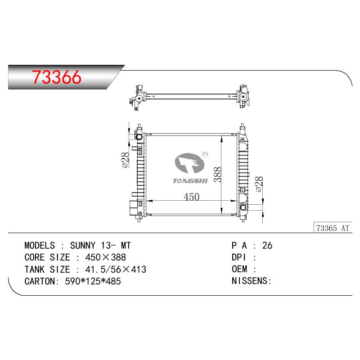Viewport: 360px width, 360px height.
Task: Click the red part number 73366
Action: tap(57, 77)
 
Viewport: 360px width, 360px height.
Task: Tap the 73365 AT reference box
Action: tap(333, 228)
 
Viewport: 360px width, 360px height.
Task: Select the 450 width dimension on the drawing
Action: tap(192, 197)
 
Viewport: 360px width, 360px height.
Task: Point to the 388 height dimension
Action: tap(217, 175)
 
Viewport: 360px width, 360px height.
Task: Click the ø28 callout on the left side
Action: tap(126, 160)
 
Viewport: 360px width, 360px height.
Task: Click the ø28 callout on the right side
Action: tap(259, 184)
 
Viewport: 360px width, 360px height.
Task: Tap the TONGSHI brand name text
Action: tap(190, 181)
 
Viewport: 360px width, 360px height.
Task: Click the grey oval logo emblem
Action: tap(189, 163)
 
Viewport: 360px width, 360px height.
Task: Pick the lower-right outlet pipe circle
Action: tap(243, 207)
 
